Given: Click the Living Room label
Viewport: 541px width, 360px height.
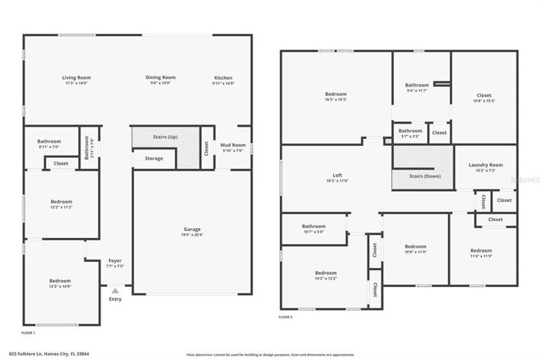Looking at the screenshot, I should coord(77,78).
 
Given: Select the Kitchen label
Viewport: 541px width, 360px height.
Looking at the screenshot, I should coord(223,78).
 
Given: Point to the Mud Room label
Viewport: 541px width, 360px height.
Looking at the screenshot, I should coord(233,144).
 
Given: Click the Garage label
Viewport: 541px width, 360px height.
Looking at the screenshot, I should coord(192,229).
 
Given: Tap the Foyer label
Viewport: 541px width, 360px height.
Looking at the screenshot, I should coord(115,261).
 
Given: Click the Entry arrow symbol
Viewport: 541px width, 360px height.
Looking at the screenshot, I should coord(115,290).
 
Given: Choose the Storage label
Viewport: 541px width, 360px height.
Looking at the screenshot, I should coord(153,158).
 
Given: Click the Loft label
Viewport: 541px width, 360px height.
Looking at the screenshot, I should coord(336,176).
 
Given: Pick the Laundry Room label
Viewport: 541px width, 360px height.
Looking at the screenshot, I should coord(486,165).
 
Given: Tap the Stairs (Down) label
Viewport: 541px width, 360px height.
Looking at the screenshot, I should coord(425,177).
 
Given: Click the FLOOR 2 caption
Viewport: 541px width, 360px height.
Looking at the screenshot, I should coord(285,317).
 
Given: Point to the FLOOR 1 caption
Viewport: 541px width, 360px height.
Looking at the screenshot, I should coord(28,333).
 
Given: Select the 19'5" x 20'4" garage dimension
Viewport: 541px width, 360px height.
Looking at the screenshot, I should coord(192,235).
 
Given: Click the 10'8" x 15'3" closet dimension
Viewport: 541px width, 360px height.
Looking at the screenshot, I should coord(484,101).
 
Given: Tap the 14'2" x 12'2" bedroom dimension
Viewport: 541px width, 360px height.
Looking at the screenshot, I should coord(325,278).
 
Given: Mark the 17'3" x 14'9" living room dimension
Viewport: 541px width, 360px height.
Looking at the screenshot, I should coord(77,83).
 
